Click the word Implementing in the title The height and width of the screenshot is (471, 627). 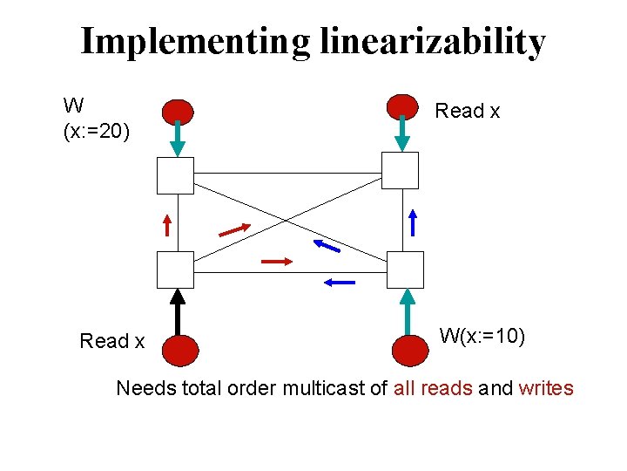[x=194, y=42]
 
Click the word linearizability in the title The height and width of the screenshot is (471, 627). [x=432, y=42]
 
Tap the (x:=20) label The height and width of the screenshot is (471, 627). [x=97, y=132]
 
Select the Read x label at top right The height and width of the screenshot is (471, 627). [x=467, y=111]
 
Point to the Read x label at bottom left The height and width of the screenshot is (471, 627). [x=111, y=341]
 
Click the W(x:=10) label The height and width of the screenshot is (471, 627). [x=482, y=336]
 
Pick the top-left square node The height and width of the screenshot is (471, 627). [x=175, y=174]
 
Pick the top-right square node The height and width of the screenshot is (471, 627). [x=401, y=170]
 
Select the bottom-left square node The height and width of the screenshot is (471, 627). [x=175, y=270]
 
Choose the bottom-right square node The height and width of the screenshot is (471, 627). [x=405, y=270]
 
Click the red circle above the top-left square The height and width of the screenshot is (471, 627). [x=178, y=112]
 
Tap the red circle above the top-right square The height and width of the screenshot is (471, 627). [x=401, y=106]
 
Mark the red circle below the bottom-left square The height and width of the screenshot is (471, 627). [x=179, y=350]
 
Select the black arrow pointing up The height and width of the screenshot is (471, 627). [x=179, y=311]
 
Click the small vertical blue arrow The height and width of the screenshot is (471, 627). [x=413, y=222]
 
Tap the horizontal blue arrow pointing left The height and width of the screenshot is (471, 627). [x=339, y=282]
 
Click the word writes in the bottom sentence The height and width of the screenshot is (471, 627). [x=546, y=388]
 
